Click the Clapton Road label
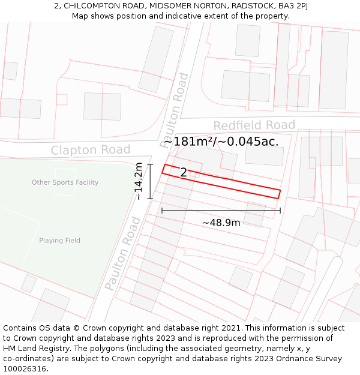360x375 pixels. click(x=91, y=149)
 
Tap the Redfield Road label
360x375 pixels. click(x=254, y=125)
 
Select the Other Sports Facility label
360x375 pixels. click(x=65, y=182)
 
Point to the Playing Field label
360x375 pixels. click(x=59, y=241)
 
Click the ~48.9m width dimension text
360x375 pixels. click(x=221, y=223)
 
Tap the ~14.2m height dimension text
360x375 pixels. click(x=139, y=181)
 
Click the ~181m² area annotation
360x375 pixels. click(x=222, y=142)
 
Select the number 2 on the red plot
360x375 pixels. click(x=184, y=173)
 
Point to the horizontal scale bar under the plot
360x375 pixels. click(x=221, y=211)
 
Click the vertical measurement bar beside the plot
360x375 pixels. click(x=150, y=181)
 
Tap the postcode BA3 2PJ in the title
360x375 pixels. click(x=293, y=5)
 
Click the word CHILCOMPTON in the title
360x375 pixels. click(x=89, y=5)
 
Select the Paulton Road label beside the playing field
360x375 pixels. click(x=123, y=254)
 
